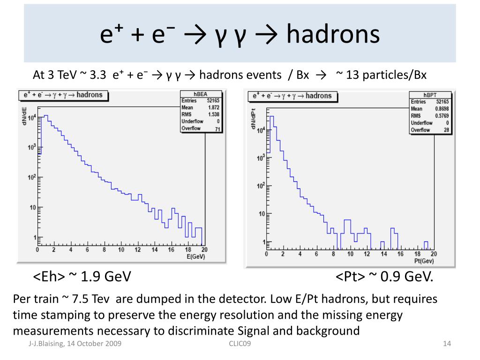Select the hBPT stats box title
430,94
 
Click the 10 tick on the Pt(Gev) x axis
350,254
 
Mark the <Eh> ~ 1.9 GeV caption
82,277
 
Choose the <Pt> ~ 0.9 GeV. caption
384,277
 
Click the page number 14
447,345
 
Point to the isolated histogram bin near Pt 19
426,245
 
